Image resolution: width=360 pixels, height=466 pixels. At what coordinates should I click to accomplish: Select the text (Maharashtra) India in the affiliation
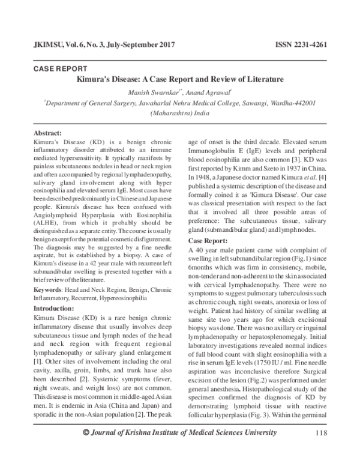[180, 112]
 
